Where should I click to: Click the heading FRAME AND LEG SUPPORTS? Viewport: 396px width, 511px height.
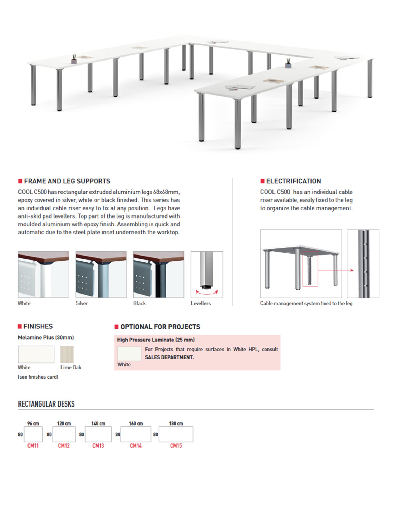point(67,181)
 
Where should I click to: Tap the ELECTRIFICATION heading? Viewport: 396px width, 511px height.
point(293,181)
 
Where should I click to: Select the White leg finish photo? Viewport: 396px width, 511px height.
point(44,274)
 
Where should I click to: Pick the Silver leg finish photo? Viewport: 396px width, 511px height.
point(101,274)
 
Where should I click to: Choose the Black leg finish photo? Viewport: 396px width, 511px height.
point(159,274)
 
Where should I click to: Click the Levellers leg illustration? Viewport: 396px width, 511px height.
point(207,274)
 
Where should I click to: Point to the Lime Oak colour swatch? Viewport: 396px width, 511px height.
point(67,354)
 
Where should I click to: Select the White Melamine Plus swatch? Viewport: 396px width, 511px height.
point(36,354)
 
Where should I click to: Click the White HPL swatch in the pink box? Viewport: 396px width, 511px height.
point(129,354)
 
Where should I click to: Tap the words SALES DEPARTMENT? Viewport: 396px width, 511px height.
point(169,357)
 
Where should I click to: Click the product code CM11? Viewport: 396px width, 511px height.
point(33,446)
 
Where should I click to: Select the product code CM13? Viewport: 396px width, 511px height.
point(98,446)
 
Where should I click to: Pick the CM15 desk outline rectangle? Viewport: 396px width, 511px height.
point(176,434)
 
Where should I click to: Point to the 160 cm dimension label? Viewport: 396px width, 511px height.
point(136,424)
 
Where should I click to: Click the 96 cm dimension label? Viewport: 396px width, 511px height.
point(33,424)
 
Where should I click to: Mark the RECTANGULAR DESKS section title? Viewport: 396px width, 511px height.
point(46,404)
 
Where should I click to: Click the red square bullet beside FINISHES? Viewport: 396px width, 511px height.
point(20,327)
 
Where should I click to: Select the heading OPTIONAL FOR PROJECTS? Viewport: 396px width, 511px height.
point(160,327)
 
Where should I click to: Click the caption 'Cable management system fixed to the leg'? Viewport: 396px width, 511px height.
point(306,303)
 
